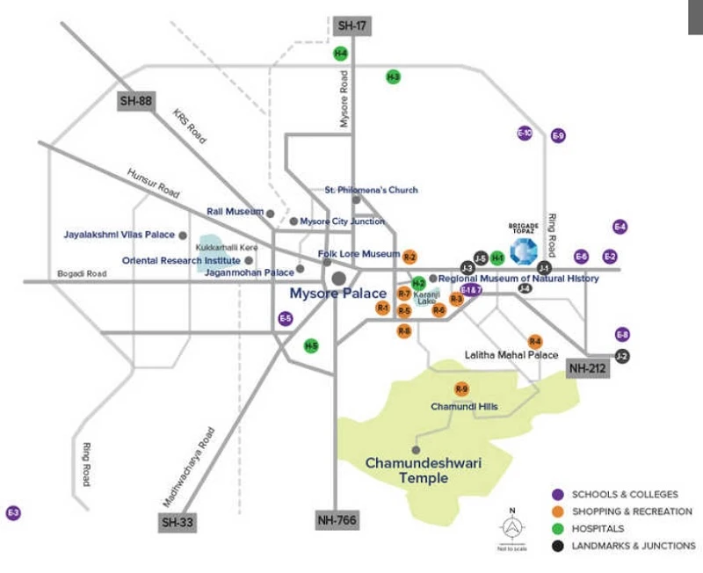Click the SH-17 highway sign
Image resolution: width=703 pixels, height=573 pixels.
(352, 25)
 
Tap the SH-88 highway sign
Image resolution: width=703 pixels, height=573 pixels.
(136, 100)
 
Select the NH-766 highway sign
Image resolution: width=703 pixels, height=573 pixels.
(337, 521)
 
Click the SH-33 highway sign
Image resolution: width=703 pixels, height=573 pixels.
(178, 523)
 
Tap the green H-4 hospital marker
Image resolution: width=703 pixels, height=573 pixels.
(341, 54)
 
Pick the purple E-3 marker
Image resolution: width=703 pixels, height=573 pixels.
(13, 513)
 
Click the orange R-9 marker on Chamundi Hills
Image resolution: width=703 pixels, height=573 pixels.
(462, 388)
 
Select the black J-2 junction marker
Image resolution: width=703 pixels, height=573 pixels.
(622, 357)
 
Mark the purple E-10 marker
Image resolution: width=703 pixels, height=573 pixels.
(525, 133)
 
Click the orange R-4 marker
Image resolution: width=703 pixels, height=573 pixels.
(534, 341)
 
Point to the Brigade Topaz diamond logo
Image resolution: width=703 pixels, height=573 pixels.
(525, 250)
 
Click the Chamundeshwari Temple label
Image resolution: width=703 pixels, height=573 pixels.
(412, 470)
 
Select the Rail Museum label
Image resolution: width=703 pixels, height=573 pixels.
(235, 212)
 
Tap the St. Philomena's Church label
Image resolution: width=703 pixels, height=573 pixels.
(372, 190)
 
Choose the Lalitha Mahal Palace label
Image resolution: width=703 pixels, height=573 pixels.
(511, 355)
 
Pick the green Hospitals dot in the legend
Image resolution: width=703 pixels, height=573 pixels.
(557, 528)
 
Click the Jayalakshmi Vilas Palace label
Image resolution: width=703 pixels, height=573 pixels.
(120, 235)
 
